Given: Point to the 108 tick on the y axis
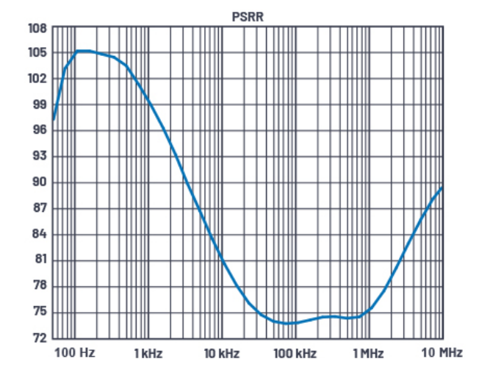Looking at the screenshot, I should pos(38,28).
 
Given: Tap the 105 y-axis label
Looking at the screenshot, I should pos(38,53).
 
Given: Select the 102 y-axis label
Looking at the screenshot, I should pos(38,79).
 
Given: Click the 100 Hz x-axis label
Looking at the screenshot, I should pos(76,352).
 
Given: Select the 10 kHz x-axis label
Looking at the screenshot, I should pos(221,352).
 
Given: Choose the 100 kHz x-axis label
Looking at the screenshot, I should pos(295,352).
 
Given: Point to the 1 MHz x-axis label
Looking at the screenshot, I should pos(367,352).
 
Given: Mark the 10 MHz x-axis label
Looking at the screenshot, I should pos(441,352).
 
